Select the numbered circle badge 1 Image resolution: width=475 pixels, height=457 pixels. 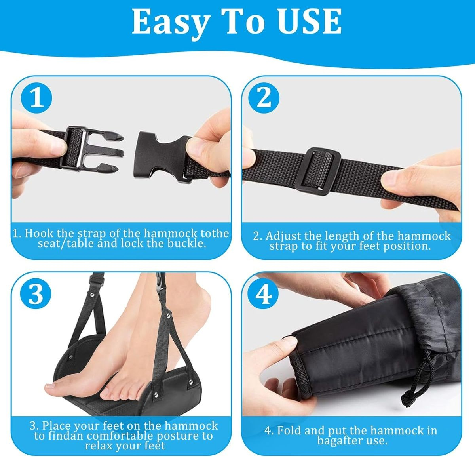(x=36, y=98)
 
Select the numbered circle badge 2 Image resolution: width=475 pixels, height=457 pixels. (x=264, y=98)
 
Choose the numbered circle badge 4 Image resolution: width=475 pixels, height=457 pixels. (x=263, y=295)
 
